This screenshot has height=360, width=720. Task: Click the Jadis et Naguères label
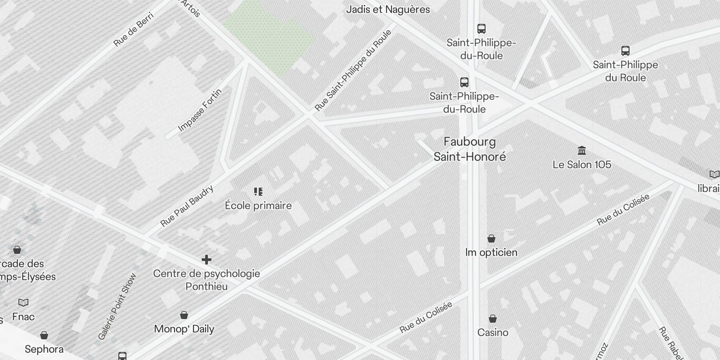(x=388, y=9)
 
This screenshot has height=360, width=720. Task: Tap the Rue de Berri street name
(x=134, y=30)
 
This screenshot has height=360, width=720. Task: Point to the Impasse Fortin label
(x=200, y=110)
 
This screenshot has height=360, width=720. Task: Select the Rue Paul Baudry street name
(x=187, y=207)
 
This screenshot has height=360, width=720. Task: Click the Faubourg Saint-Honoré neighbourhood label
(x=470, y=149)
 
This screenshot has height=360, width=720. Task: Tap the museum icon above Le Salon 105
(x=582, y=150)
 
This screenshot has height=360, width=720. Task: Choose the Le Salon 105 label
(x=582, y=165)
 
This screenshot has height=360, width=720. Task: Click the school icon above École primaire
(x=258, y=192)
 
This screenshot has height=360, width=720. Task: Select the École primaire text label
(x=258, y=206)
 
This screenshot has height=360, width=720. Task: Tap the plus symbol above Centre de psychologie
(x=207, y=260)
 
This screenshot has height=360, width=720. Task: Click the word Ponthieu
(x=207, y=287)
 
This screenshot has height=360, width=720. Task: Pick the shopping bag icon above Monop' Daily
(x=184, y=315)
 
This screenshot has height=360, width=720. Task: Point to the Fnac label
(x=23, y=317)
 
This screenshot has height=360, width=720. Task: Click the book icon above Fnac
(x=23, y=302)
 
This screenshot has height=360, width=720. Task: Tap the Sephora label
(x=44, y=349)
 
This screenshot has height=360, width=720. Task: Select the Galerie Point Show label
(x=117, y=306)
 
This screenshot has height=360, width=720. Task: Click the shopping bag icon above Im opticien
(x=491, y=238)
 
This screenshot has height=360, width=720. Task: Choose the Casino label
(x=493, y=333)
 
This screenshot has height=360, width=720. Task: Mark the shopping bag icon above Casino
(x=493, y=319)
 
